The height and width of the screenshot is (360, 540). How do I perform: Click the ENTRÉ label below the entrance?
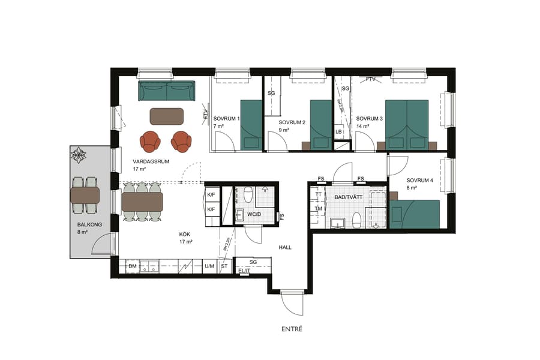point(292,329)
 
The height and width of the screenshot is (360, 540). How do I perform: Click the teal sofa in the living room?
point(167,91)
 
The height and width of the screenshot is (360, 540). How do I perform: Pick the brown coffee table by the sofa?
point(167,116)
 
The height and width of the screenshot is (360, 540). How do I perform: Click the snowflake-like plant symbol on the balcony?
point(79,156)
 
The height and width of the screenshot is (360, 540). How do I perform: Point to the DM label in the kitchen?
point(132,266)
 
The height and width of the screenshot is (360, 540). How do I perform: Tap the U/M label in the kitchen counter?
point(209,266)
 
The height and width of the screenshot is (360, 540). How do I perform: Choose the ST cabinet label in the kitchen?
point(224,266)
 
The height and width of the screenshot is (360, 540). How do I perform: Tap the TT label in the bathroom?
point(319,195)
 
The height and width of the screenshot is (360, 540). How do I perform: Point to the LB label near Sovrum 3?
point(339,132)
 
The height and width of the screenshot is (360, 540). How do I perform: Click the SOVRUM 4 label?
point(419,181)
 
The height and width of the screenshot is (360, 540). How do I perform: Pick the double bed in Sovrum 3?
point(406,124)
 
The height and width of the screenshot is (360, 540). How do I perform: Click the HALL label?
point(285,247)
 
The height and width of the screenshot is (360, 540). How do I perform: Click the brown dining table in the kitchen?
point(142,202)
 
